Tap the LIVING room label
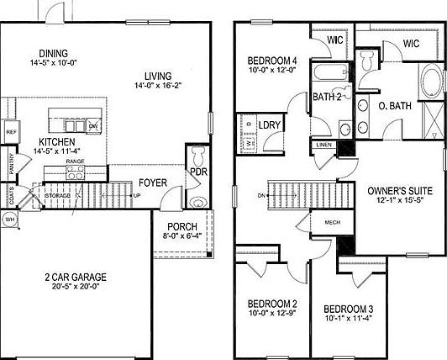160,74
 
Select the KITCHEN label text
56,142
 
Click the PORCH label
181,226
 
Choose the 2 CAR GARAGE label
76,276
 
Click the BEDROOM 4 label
272,61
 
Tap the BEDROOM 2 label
272,304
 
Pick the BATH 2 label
328,98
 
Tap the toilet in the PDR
197,157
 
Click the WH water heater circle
9,220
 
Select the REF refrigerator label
11,132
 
